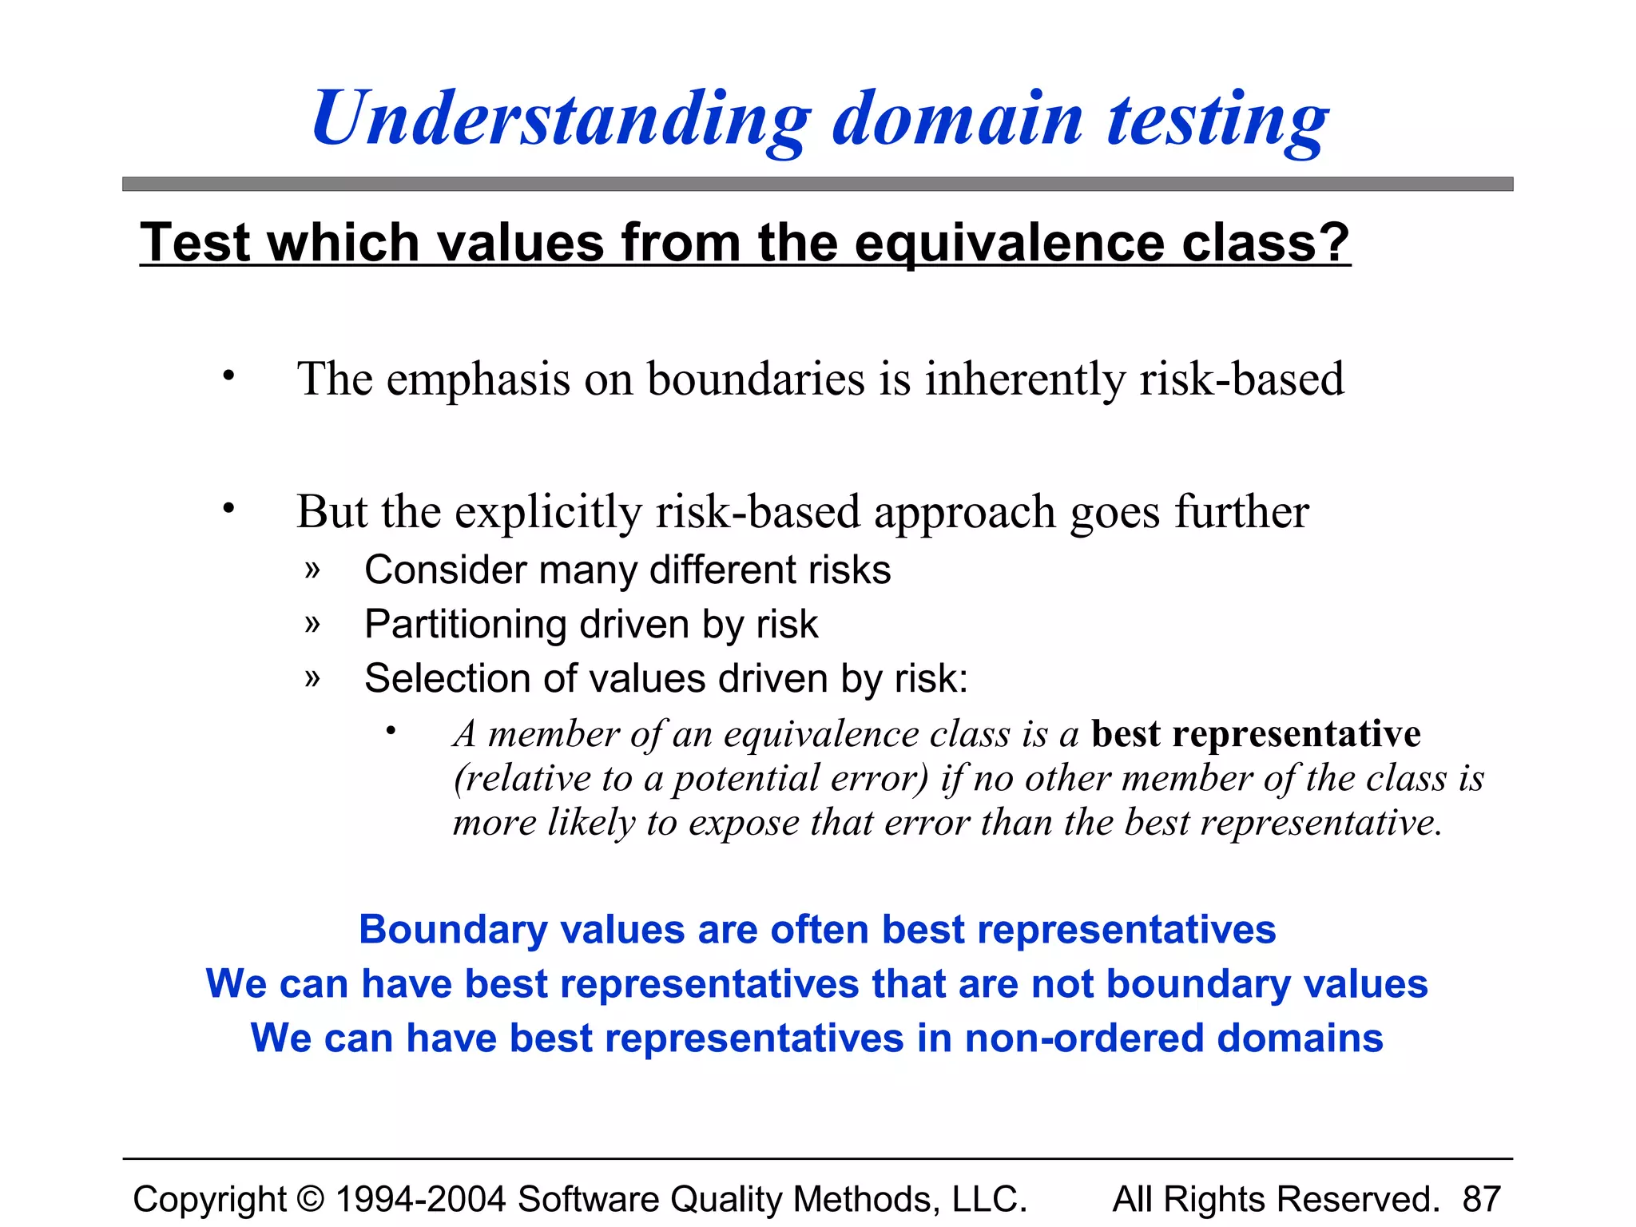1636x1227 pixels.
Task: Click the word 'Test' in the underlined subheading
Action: click(x=199, y=242)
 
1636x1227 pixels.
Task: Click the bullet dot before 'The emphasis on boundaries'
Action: click(x=229, y=375)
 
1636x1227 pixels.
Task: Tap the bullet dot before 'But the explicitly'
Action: click(x=229, y=507)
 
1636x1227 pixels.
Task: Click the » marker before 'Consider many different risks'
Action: click(x=312, y=570)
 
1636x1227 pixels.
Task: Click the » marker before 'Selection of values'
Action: click(x=312, y=679)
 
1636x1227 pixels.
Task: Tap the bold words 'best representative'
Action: click(x=1256, y=733)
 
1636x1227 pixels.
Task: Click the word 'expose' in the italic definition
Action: click(x=744, y=822)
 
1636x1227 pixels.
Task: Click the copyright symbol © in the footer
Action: click(x=311, y=1199)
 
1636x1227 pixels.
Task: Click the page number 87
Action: click(x=1482, y=1199)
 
